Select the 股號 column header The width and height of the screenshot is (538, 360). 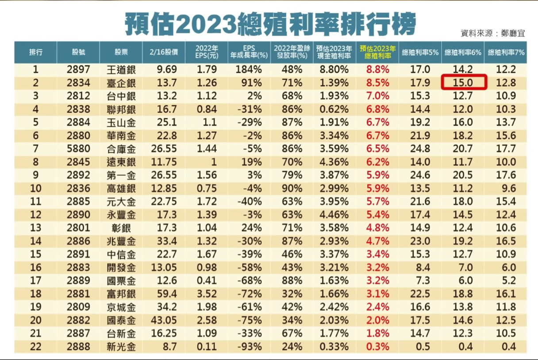[x=78, y=52]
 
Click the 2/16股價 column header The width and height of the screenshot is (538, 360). [x=163, y=52]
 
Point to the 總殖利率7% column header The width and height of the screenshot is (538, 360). [x=506, y=52]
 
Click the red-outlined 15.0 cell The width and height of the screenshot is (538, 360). [x=464, y=82]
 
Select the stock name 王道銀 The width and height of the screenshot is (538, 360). [x=121, y=70]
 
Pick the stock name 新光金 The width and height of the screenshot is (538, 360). [x=121, y=346]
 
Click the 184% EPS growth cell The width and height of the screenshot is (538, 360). [x=249, y=70]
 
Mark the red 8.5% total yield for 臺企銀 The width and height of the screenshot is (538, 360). [x=377, y=83]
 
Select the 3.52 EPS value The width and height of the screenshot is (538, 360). [x=207, y=294]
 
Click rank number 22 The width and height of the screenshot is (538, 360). [x=36, y=346]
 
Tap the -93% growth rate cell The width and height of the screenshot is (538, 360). [x=249, y=346]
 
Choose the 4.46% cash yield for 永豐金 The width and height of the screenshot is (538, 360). [x=335, y=214]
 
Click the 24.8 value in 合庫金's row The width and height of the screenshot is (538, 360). [x=420, y=148]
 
